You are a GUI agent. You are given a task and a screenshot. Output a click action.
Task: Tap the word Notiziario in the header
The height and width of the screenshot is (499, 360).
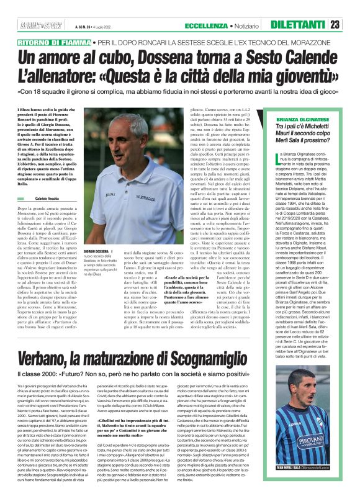coord(253,25)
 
